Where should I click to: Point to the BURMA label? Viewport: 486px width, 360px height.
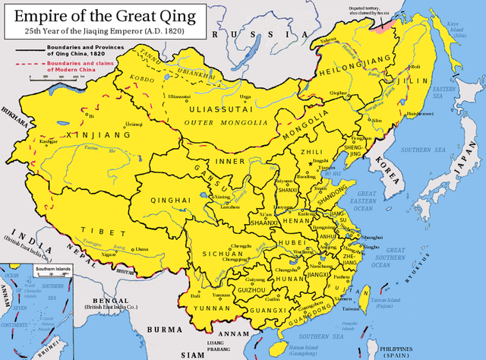[163, 330]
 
